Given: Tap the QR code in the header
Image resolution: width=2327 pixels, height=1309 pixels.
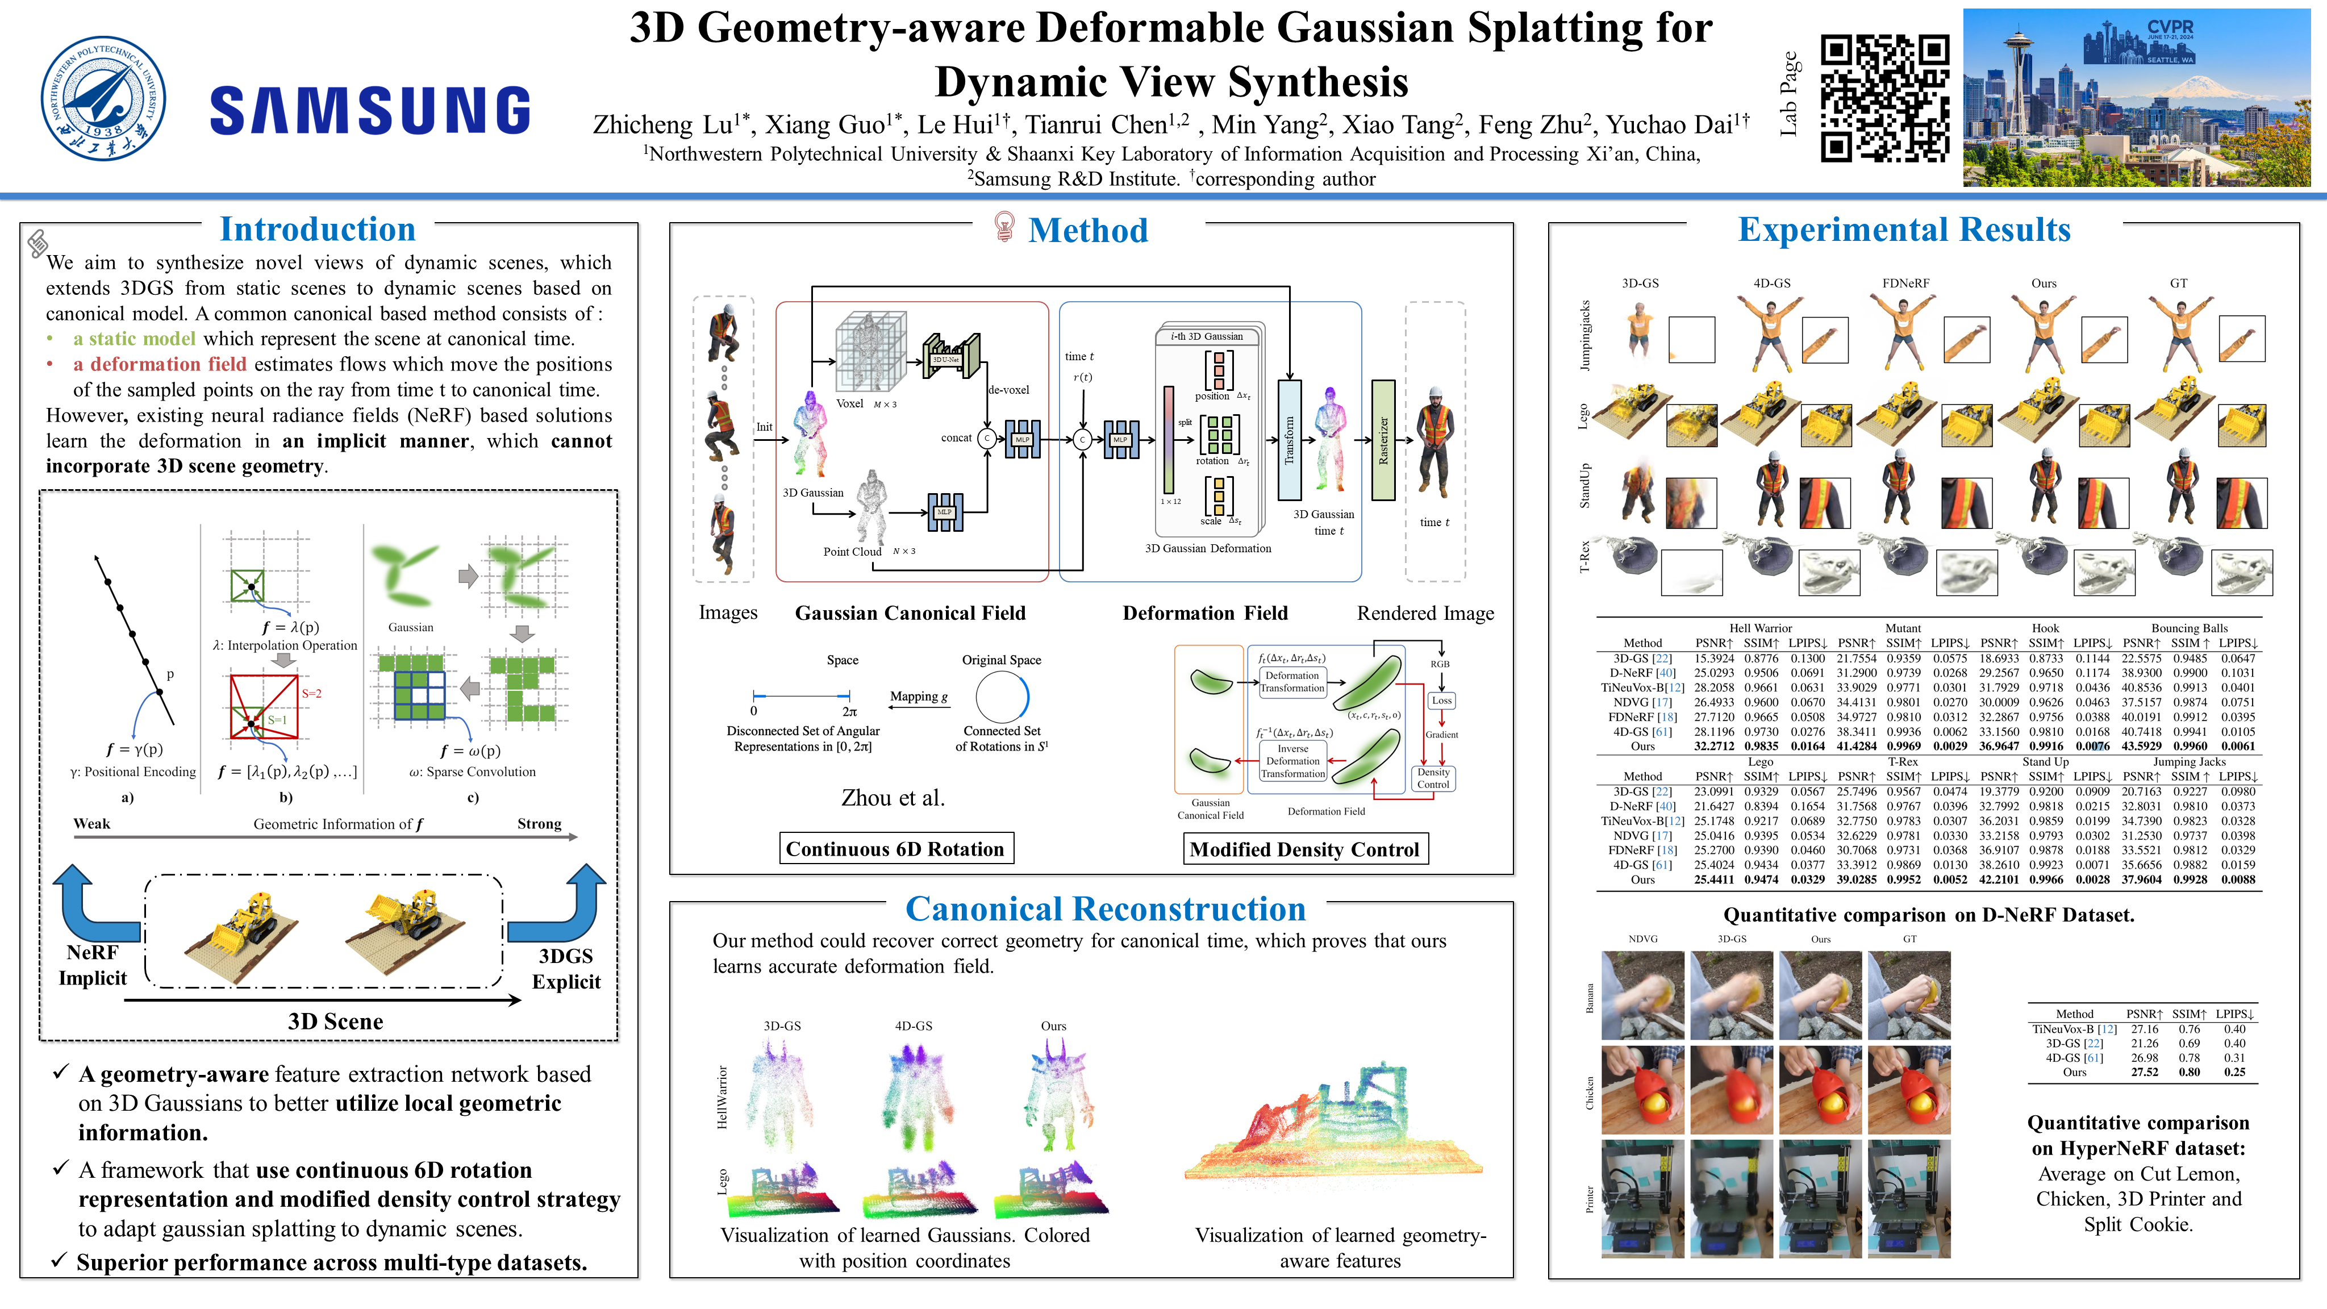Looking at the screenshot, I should pyautogui.click(x=1884, y=98).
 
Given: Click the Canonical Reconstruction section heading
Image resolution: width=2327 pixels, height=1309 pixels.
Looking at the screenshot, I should pyautogui.click(x=1105, y=909).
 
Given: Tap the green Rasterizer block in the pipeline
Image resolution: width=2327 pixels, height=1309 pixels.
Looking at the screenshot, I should pyautogui.click(x=1383, y=440).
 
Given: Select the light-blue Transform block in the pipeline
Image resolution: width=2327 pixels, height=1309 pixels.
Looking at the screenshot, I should pyautogui.click(x=1289, y=440).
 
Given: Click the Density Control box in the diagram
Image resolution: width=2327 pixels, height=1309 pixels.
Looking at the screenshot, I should pyautogui.click(x=1433, y=778).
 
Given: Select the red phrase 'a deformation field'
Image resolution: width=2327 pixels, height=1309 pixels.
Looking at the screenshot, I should pyautogui.click(x=159, y=364).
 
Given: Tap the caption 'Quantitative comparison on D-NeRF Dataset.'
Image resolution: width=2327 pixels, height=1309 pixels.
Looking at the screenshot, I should pyautogui.click(x=1928, y=915).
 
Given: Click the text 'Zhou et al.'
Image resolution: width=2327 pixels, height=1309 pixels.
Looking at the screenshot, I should pyautogui.click(x=893, y=798).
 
